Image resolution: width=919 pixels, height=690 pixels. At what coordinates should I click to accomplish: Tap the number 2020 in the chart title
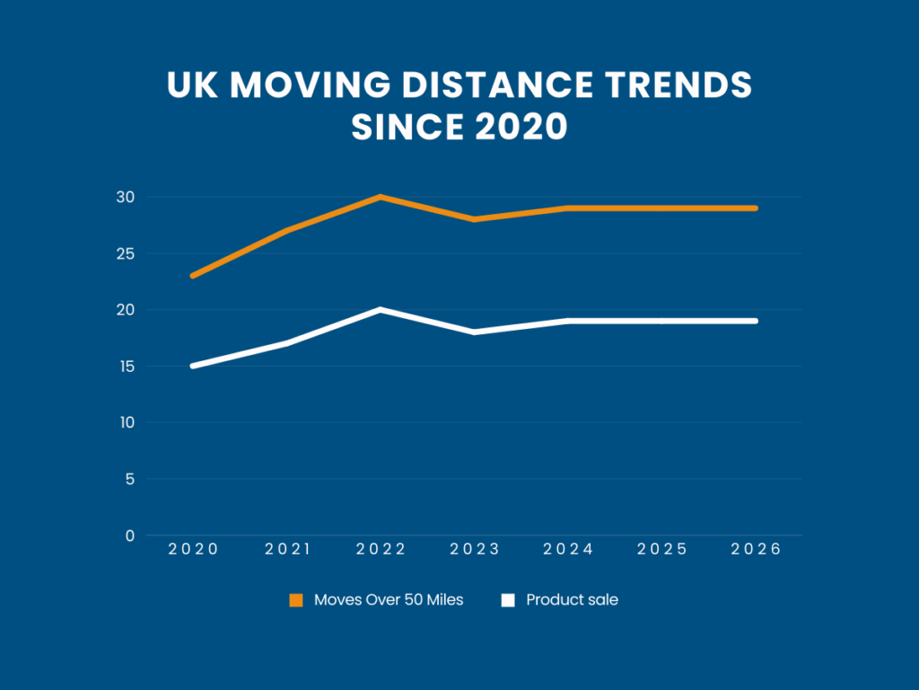click(521, 127)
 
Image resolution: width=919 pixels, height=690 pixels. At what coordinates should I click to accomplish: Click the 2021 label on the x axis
click(287, 549)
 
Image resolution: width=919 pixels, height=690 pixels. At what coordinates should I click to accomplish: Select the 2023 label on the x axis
click(475, 549)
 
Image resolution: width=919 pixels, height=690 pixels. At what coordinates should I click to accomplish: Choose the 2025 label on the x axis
click(662, 549)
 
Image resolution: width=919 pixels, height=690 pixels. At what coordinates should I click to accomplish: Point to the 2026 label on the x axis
click(757, 549)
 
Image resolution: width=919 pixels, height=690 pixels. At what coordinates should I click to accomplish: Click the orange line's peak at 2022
click(381, 197)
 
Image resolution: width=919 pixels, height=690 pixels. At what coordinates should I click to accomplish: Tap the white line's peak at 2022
click(381, 310)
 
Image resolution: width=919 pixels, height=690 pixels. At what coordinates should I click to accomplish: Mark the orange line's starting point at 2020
click(193, 275)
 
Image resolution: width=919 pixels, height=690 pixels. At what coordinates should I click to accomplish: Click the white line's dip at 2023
click(475, 332)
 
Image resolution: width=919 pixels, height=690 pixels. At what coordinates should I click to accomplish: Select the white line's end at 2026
click(756, 321)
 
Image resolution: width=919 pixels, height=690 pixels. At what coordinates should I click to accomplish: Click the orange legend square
click(296, 600)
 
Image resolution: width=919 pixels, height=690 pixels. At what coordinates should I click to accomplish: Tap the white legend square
click(508, 600)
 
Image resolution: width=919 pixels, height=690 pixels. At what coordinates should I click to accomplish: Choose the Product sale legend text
click(572, 600)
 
